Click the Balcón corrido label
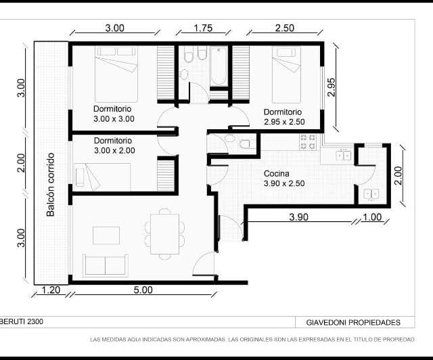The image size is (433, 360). (50, 184)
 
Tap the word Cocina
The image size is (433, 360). (277, 173)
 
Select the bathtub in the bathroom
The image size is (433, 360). (219, 66)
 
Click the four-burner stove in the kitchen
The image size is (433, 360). (308, 142)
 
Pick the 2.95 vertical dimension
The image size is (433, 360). (332, 86)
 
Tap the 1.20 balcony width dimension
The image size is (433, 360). (51, 290)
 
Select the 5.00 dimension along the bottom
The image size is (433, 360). (142, 290)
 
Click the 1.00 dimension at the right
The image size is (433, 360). (372, 217)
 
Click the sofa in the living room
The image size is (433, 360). (105, 265)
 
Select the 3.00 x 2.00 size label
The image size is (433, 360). (114, 150)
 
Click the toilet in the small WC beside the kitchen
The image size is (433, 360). (246, 143)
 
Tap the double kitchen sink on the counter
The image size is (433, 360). (344, 155)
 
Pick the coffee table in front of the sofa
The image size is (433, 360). (106, 235)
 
